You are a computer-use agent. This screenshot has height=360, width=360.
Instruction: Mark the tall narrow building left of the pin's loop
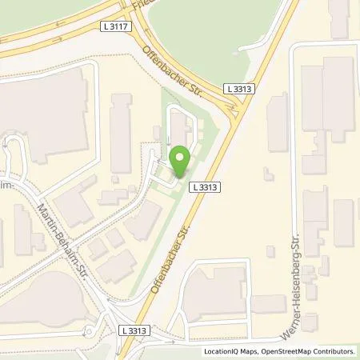[x=121, y=133]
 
